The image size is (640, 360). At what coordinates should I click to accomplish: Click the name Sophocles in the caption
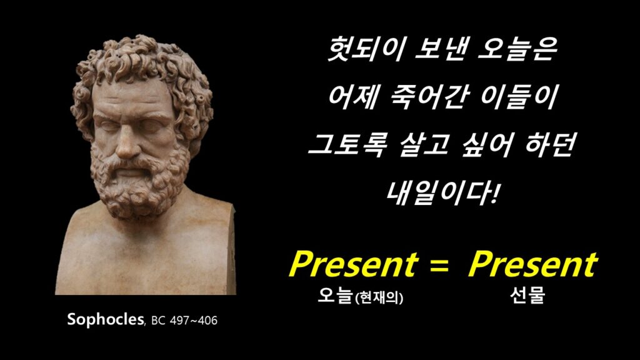point(105,319)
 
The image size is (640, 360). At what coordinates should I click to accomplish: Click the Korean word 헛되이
point(366,49)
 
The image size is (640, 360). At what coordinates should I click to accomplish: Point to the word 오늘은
point(517,49)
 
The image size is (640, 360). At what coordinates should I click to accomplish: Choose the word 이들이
point(519,97)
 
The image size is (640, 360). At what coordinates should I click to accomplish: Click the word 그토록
point(346,145)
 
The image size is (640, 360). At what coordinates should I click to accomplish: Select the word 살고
point(423,145)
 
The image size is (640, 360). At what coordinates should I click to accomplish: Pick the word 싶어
point(487,145)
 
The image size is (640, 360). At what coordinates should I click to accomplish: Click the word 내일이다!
point(442,193)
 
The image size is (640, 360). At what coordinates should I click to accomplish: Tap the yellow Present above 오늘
point(354,264)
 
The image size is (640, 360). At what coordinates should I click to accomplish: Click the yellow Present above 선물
point(532,264)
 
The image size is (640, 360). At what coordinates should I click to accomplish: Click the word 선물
point(527,296)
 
